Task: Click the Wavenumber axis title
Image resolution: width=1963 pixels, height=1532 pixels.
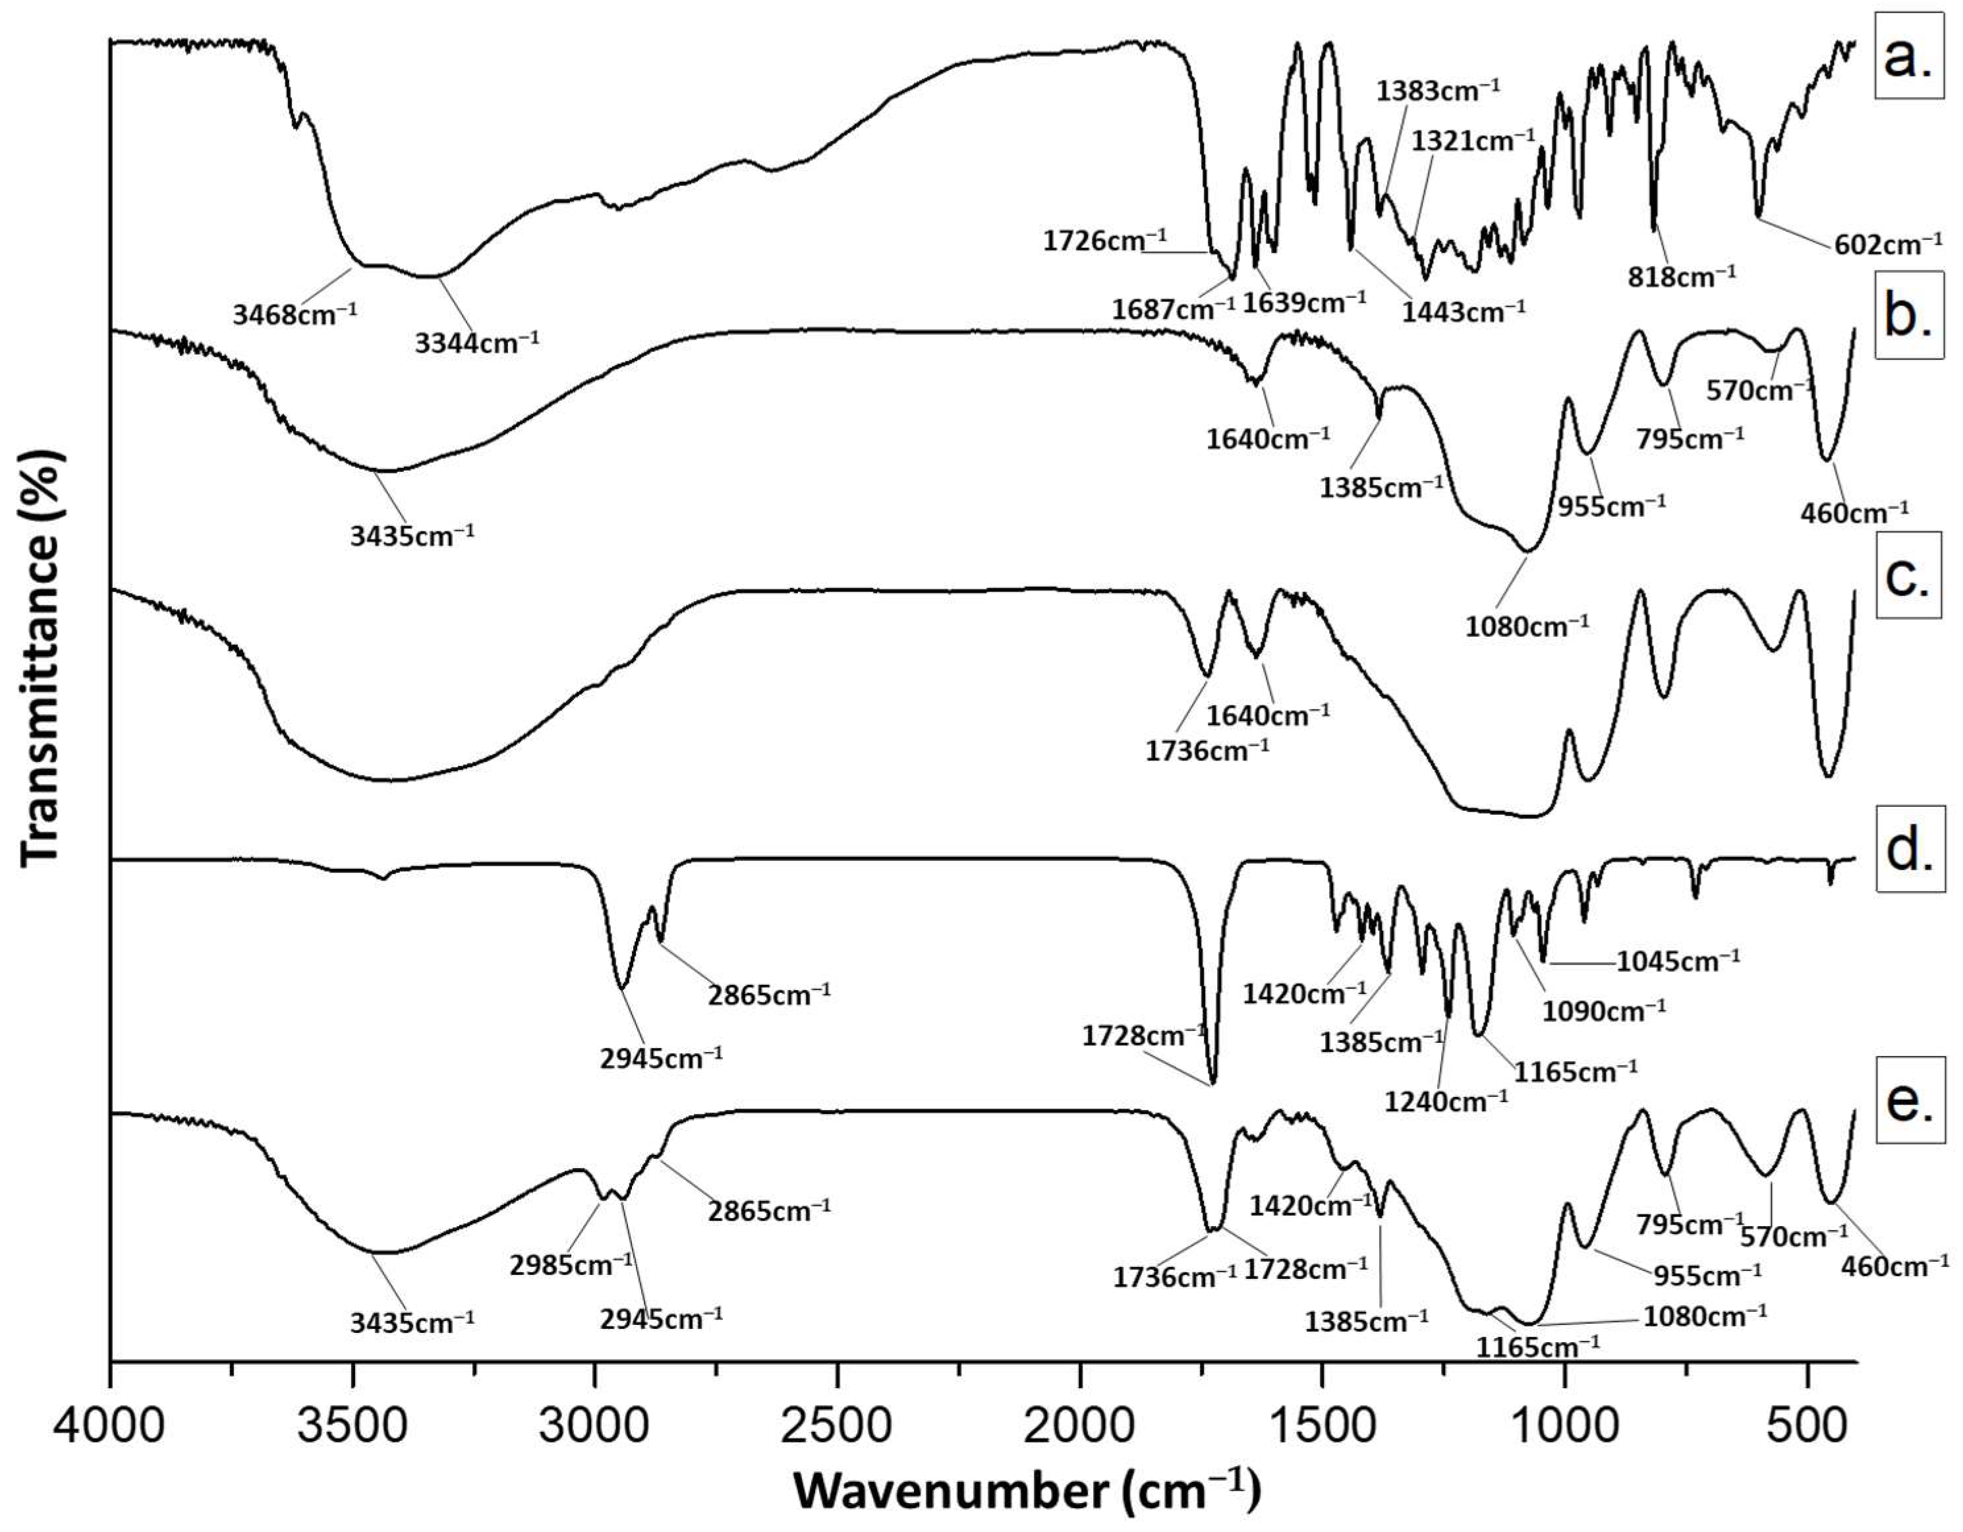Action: tap(1027, 1493)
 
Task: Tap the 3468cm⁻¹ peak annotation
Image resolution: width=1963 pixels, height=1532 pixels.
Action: tap(295, 313)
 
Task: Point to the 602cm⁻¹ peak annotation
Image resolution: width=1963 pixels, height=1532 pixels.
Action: tap(1884, 244)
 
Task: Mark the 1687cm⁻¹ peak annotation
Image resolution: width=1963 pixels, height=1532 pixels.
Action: tap(1174, 309)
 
